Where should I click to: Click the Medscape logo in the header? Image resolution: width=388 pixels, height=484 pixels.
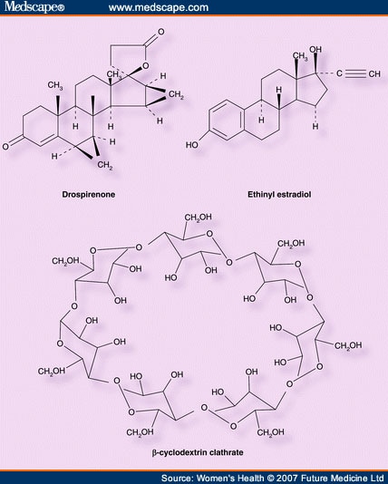click(34, 6)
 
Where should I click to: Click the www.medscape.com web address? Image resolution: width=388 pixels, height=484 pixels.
click(159, 7)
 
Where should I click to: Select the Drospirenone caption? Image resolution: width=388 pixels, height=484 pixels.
click(89, 195)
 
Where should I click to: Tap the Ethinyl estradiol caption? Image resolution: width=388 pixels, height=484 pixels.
click(279, 195)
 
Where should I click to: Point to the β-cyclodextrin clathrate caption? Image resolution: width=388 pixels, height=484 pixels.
click(198, 452)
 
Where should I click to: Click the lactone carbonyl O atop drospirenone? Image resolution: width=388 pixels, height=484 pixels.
click(160, 32)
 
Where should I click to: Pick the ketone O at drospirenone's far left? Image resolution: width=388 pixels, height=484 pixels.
click(5, 146)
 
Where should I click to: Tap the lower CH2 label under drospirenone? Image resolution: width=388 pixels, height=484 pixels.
click(105, 166)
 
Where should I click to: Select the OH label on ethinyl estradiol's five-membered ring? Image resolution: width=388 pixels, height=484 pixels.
click(315, 49)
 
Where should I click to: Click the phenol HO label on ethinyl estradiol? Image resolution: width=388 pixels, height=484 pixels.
click(191, 144)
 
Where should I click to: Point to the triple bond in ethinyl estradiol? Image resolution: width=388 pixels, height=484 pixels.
click(355, 73)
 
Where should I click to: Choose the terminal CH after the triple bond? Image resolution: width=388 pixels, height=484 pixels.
click(374, 73)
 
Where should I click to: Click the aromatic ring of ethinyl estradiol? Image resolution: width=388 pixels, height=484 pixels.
click(227, 121)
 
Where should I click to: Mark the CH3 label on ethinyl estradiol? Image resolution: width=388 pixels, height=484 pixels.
click(300, 56)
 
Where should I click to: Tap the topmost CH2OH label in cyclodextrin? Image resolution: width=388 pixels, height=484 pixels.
click(198, 218)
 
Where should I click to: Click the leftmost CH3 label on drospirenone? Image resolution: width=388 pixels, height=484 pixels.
click(55, 85)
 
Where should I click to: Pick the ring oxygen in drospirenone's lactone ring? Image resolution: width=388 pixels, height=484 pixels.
click(145, 66)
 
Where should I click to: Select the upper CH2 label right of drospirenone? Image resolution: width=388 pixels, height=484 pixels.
click(176, 95)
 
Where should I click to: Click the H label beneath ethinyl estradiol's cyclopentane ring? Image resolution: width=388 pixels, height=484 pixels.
click(315, 126)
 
